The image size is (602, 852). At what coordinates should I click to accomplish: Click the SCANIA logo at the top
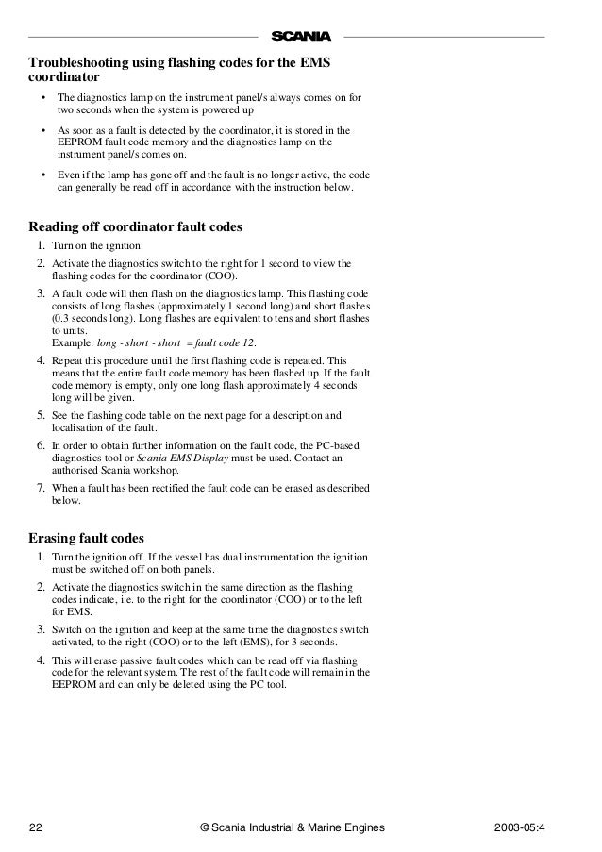(302, 37)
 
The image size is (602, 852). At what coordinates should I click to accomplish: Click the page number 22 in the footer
(36, 827)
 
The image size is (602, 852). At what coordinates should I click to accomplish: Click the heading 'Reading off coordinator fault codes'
(136, 227)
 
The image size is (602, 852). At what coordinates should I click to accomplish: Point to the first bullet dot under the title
(43, 98)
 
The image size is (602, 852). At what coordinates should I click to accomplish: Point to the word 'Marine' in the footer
(313, 827)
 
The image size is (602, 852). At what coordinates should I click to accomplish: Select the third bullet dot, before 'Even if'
(43, 174)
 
